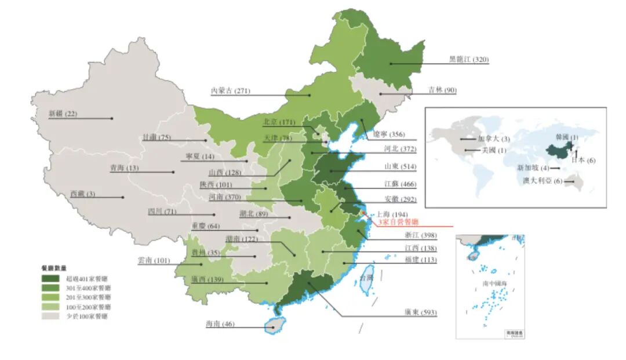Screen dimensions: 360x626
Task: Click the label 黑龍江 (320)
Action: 469,59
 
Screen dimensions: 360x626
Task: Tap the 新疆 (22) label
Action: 63,114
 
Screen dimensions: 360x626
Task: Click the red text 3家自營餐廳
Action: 398,222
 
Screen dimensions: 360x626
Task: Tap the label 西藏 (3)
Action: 82,194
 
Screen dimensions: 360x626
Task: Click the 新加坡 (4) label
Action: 533,168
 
